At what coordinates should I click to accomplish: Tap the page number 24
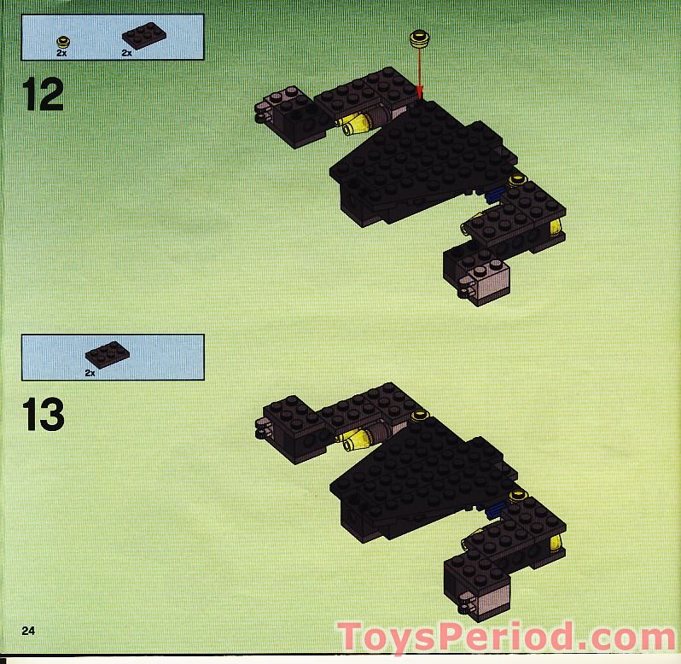[28, 631]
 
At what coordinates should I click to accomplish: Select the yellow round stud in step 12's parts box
[62, 39]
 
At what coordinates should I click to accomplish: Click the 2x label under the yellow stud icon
[62, 53]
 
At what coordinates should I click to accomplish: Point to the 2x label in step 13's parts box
[90, 373]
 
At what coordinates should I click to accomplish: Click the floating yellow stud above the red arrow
[419, 38]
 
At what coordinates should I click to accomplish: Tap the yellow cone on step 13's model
[355, 440]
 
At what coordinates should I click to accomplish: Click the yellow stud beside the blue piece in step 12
[516, 180]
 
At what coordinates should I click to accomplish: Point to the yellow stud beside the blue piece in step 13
[517, 495]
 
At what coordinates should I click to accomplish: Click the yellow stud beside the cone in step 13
[419, 416]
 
